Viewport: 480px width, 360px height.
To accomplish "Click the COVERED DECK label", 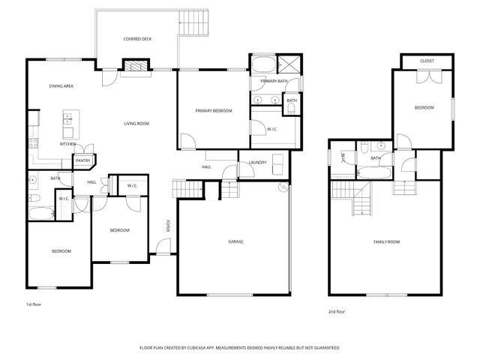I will tap(136, 39).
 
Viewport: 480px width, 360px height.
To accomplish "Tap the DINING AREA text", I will tap(61, 86).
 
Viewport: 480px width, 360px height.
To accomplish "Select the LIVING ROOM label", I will tap(136, 124).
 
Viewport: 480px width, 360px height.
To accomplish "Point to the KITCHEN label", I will tap(67, 144).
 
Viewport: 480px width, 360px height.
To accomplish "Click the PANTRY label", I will tap(82, 160).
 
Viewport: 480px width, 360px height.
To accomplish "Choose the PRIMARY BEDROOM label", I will tap(214, 111).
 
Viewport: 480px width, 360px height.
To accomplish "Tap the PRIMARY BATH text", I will tap(274, 81).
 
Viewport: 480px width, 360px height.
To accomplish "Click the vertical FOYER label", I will tap(169, 226).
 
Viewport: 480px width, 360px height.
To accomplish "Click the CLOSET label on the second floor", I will tap(427, 61).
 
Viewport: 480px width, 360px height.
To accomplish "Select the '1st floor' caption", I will tap(33, 305).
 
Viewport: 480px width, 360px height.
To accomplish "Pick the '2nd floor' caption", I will tap(337, 311).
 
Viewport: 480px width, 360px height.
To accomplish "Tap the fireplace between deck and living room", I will tap(135, 69).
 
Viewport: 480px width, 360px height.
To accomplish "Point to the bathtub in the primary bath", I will tap(262, 64).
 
